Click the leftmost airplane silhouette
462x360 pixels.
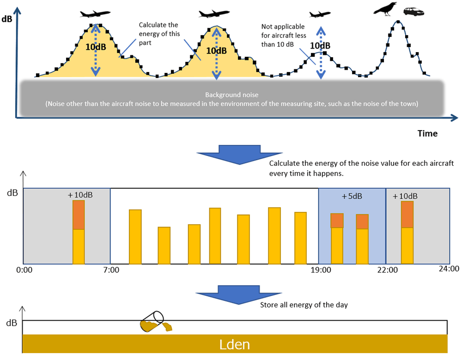[x=95, y=14]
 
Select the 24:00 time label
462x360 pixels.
[x=448, y=269]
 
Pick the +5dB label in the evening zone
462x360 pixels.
[x=352, y=196]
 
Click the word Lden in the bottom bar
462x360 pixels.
[x=235, y=345]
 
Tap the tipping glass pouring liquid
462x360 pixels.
[x=154, y=321]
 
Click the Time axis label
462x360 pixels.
[x=427, y=133]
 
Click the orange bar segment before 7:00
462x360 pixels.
[x=79, y=215]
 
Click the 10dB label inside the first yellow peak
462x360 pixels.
[x=96, y=46]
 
